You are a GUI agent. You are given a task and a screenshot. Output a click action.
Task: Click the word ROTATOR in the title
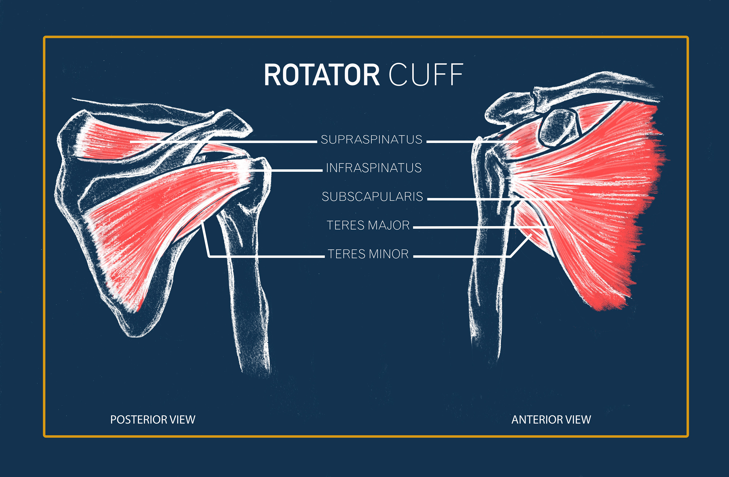(x=322, y=75)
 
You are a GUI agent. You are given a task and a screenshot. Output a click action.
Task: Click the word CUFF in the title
(x=426, y=75)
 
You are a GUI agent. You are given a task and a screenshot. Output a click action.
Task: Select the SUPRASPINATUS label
(x=372, y=140)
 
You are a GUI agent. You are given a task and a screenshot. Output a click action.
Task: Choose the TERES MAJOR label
(x=368, y=225)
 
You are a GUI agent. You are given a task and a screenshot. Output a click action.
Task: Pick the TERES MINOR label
(x=368, y=254)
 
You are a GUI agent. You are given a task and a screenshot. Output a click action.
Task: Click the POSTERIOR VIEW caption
(x=152, y=420)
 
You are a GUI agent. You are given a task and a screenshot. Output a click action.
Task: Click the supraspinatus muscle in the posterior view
(x=104, y=139)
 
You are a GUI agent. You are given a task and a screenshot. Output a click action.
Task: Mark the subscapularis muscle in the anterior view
(x=597, y=190)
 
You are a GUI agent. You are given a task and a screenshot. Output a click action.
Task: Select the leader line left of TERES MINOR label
(x=267, y=256)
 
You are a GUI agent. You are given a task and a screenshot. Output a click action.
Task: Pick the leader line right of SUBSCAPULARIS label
(x=499, y=199)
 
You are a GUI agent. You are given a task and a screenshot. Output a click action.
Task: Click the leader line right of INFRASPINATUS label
(x=291, y=170)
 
